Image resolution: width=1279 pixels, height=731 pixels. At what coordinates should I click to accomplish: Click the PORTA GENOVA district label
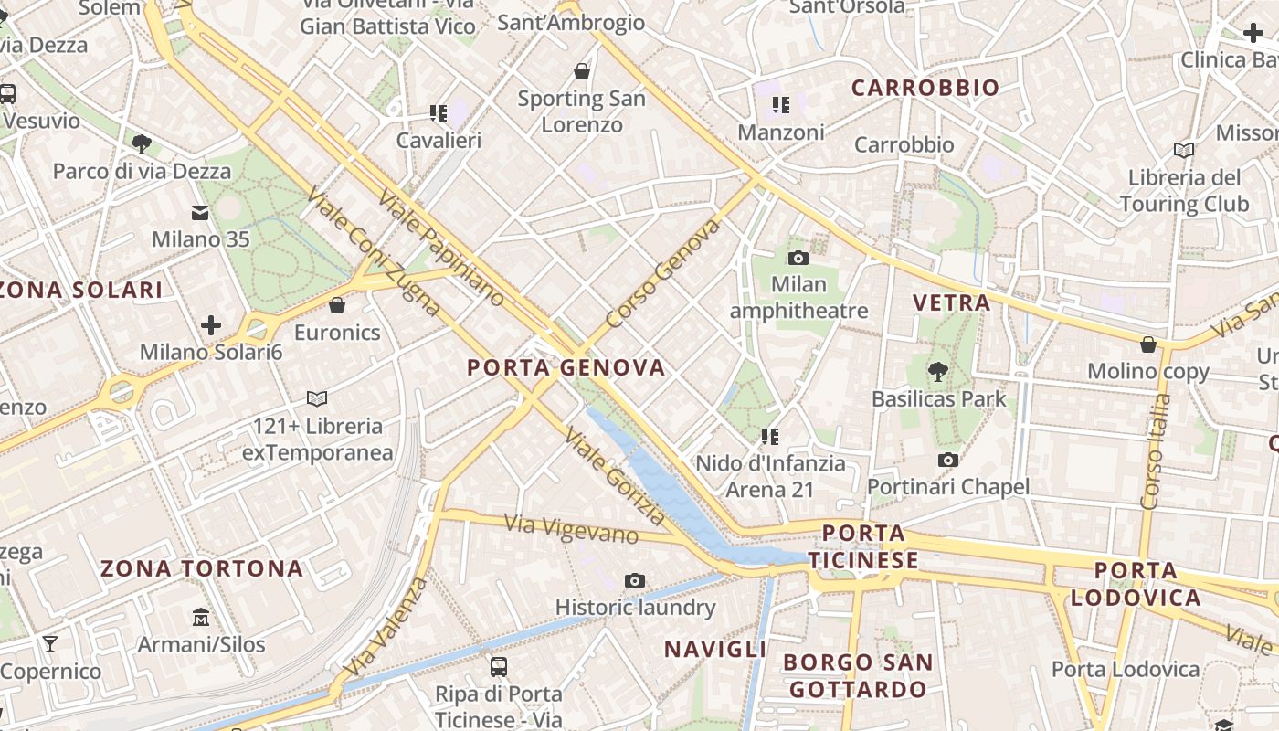click(566, 368)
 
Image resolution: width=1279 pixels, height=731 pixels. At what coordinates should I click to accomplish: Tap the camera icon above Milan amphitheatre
click(798, 258)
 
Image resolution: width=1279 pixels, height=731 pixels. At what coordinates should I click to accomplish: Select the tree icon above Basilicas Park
click(937, 371)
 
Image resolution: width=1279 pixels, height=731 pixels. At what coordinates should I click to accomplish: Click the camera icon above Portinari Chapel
click(948, 460)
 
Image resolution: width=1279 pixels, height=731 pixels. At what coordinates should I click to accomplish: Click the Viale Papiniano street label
click(440, 248)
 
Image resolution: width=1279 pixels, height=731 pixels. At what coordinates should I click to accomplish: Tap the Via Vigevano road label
click(571, 530)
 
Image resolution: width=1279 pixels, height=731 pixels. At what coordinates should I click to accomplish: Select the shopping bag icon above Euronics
click(337, 304)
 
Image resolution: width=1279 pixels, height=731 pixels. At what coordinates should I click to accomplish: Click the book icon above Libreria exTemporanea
click(317, 398)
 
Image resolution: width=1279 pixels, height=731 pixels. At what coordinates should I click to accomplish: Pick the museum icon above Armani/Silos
click(201, 618)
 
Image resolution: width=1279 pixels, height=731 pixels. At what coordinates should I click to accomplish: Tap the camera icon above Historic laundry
click(635, 580)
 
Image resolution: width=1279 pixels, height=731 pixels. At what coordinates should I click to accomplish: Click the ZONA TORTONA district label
click(201, 569)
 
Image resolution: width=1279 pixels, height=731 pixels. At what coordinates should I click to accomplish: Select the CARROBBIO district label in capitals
click(925, 88)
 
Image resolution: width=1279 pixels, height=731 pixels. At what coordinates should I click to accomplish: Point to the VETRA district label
click(951, 302)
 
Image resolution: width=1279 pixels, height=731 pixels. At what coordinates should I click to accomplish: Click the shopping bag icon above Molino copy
click(1148, 344)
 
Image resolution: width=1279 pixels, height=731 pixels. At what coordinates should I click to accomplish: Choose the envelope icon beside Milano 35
click(200, 213)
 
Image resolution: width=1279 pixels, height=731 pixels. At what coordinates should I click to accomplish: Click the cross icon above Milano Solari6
click(211, 324)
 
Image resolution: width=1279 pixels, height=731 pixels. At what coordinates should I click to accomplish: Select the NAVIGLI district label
click(714, 650)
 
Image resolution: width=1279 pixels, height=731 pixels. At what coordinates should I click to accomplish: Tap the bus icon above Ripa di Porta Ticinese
click(499, 667)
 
